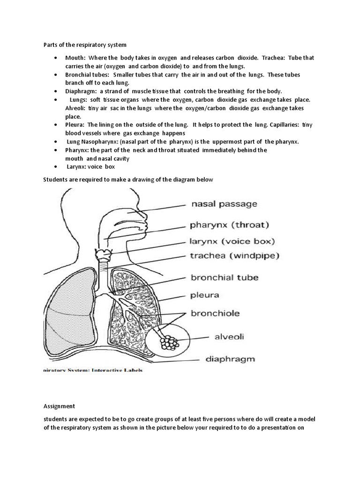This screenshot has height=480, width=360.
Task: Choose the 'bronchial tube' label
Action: (224, 277)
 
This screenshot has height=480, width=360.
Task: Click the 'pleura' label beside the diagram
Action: (204, 295)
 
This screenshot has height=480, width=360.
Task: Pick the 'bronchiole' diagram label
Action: (215, 313)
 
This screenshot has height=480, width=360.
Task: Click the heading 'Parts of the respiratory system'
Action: (85, 45)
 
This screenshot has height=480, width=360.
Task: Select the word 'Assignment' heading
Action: (59, 406)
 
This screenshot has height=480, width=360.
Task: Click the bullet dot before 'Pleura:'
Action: (56, 125)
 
